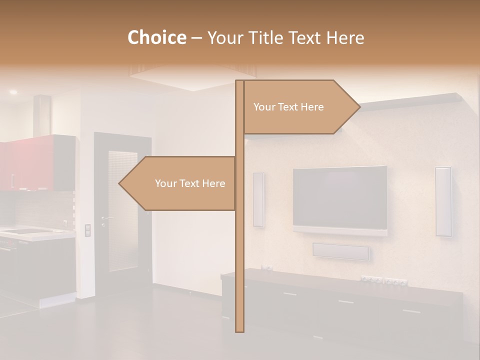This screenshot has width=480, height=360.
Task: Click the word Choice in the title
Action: point(156,37)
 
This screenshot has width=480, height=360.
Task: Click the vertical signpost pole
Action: point(239,260)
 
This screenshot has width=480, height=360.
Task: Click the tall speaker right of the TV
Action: point(443,201)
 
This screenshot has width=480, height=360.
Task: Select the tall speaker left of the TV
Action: point(258,199)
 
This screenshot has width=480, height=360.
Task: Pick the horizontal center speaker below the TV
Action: point(341,251)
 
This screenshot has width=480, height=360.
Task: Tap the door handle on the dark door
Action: point(105,218)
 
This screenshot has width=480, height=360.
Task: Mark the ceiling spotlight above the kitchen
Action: point(13,92)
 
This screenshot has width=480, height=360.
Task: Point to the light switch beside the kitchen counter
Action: point(88,230)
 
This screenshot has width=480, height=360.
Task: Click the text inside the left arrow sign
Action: point(190,183)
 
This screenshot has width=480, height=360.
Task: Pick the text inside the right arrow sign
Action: point(288,107)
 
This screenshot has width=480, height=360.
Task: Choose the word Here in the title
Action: point(345,37)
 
